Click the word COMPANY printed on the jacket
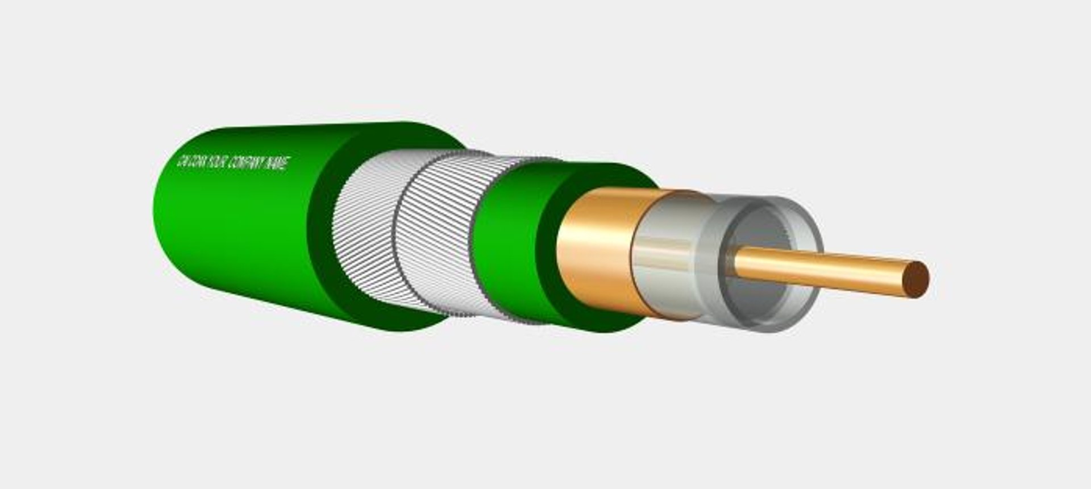[x=245, y=163]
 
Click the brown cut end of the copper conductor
[x=916, y=279]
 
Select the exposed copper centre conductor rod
[x=824, y=269]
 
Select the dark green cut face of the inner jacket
[x=548, y=250]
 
